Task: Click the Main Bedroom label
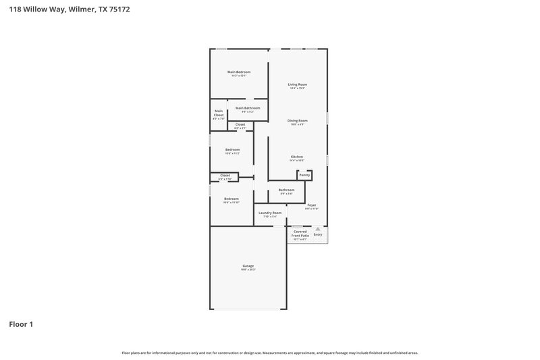point(239,72)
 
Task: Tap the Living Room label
point(298,84)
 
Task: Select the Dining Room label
point(298,121)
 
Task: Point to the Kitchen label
point(297,157)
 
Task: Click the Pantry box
point(304,175)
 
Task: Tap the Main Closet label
point(219,113)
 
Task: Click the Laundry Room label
point(270,213)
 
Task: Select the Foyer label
point(311,205)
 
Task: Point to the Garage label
point(248,265)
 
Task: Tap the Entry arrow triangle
point(318,229)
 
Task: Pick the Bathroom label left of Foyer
point(286,190)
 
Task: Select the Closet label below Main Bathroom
point(240,124)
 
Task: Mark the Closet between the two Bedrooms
point(225,176)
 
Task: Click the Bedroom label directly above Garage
point(232,199)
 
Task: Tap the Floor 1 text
point(21,324)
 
